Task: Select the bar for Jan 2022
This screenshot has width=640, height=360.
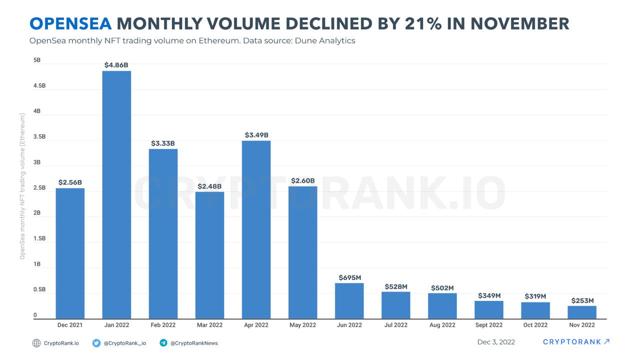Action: pyautogui.click(x=116, y=195)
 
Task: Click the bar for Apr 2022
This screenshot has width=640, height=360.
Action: pyautogui.click(x=256, y=230)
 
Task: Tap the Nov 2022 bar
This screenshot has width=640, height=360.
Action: pyautogui.click(x=582, y=312)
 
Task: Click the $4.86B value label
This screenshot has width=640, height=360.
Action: pyautogui.click(x=116, y=65)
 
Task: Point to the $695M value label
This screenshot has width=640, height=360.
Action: pyautogui.click(x=349, y=277)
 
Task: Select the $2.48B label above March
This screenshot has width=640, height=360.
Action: pyautogui.click(x=209, y=186)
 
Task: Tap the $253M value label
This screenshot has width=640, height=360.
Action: pyautogui.click(x=582, y=300)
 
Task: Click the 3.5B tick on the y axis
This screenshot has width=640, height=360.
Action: pyautogui.click(x=39, y=136)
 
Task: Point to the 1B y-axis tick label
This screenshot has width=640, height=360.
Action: pyautogui.click(x=36, y=264)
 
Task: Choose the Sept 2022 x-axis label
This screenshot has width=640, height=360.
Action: pyautogui.click(x=488, y=325)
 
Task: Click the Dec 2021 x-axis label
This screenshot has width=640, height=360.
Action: pyautogui.click(x=70, y=325)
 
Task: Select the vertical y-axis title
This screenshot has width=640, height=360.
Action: pyautogui.click(x=22, y=186)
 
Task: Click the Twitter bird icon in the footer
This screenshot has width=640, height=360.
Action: pyautogui.click(x=96, y=343)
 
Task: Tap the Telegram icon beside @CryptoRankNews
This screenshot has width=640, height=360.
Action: pyautogui.click(x=163, y=343)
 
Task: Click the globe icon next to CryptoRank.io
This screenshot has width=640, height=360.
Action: pyautogui.click(x=36, y=343)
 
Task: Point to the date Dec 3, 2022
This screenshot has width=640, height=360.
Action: pyautogui.click(x=496, y=342)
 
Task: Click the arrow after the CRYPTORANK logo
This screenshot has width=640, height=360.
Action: pyautogui.click(x=606, y=342)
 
